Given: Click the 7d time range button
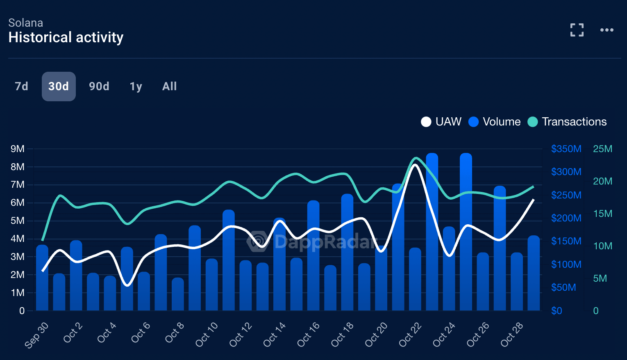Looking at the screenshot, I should point(21,87).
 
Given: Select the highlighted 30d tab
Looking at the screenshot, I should point(59,87).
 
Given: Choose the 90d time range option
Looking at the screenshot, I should point(99,87).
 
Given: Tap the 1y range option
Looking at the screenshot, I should point(136,87).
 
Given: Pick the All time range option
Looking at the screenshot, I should point(169,87).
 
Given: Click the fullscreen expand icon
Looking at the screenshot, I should point(577,30).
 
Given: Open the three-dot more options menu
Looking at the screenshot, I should point(607,30).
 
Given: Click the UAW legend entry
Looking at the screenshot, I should point(441,122).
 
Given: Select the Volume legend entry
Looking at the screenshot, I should point(495,122).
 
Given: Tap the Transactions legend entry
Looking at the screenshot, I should point(567,122).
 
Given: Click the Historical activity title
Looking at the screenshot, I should point(66,37).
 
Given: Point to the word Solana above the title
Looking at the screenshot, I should point(25,23).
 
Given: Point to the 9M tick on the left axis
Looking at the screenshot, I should point(18,149).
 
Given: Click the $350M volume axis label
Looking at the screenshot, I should point(566,149).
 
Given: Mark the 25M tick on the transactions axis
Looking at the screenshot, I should point(602,149).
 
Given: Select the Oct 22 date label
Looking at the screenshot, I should point(410,334).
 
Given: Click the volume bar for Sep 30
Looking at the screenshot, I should point(42,279).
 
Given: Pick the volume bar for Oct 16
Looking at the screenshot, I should point(313,256).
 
